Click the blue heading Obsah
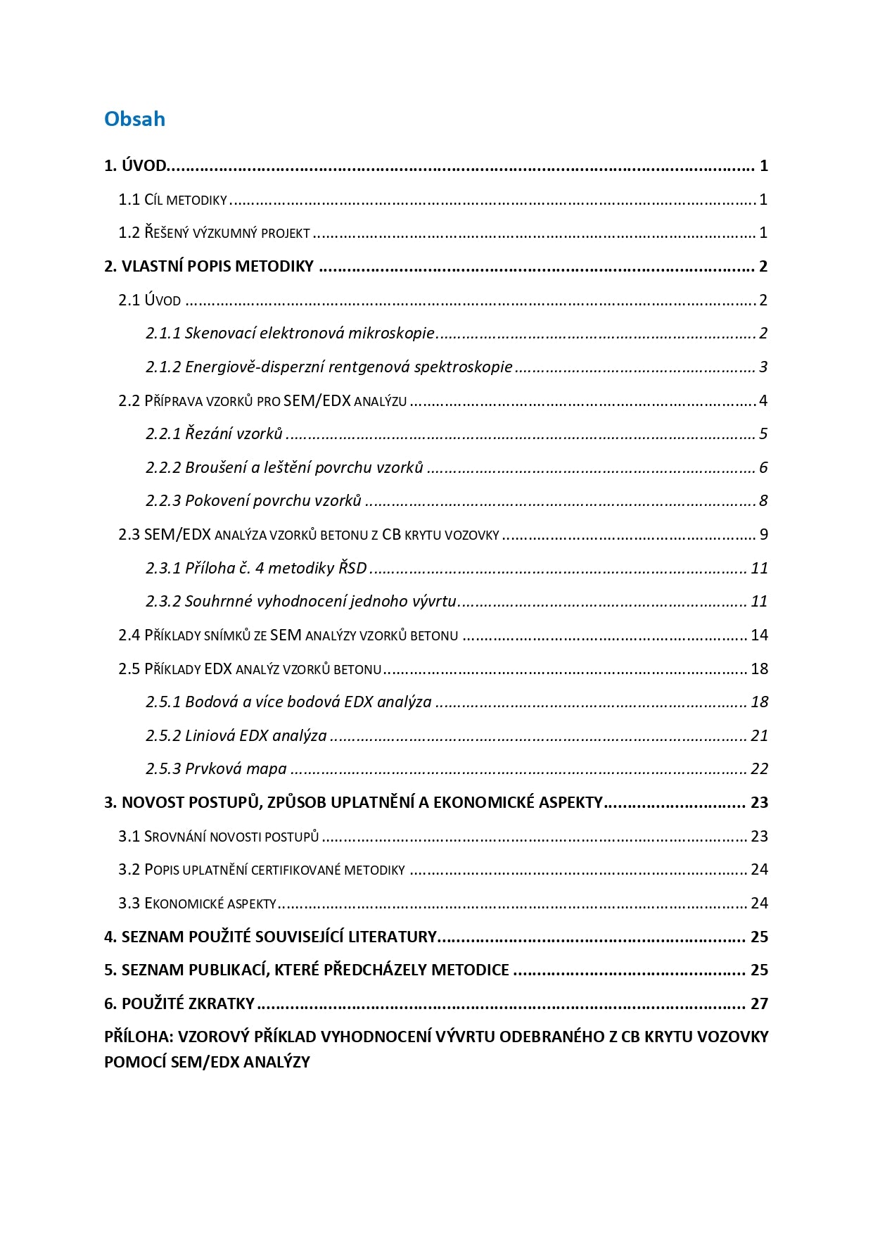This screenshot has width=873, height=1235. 134,119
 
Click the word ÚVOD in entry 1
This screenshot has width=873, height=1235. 144,166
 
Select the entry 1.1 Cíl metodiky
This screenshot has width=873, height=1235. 172,200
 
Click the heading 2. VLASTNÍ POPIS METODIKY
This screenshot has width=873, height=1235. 209,267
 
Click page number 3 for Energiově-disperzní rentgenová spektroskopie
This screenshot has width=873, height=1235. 763,367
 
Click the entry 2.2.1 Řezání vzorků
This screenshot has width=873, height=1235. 214,433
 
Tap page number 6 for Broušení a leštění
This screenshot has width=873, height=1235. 763,467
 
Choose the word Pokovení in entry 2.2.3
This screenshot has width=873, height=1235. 216,500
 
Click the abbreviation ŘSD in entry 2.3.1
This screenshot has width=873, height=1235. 352,568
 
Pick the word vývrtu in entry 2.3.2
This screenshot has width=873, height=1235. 435,601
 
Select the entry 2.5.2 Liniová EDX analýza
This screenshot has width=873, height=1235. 236,735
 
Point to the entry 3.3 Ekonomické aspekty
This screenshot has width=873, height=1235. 197,903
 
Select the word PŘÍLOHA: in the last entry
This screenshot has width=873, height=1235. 138,1037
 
